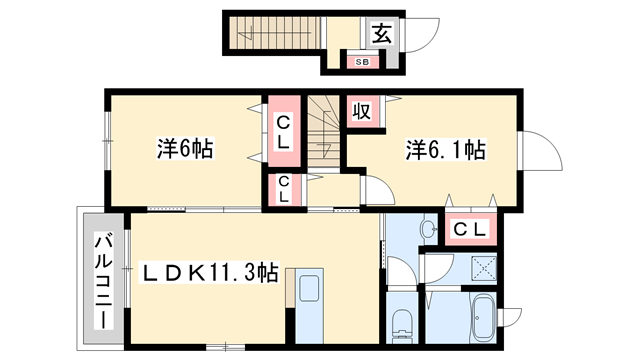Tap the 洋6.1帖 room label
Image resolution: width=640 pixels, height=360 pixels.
pos(445,151)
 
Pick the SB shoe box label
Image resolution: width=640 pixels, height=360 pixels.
pos(362,62)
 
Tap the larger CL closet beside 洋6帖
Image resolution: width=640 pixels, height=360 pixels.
pos(282,132)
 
